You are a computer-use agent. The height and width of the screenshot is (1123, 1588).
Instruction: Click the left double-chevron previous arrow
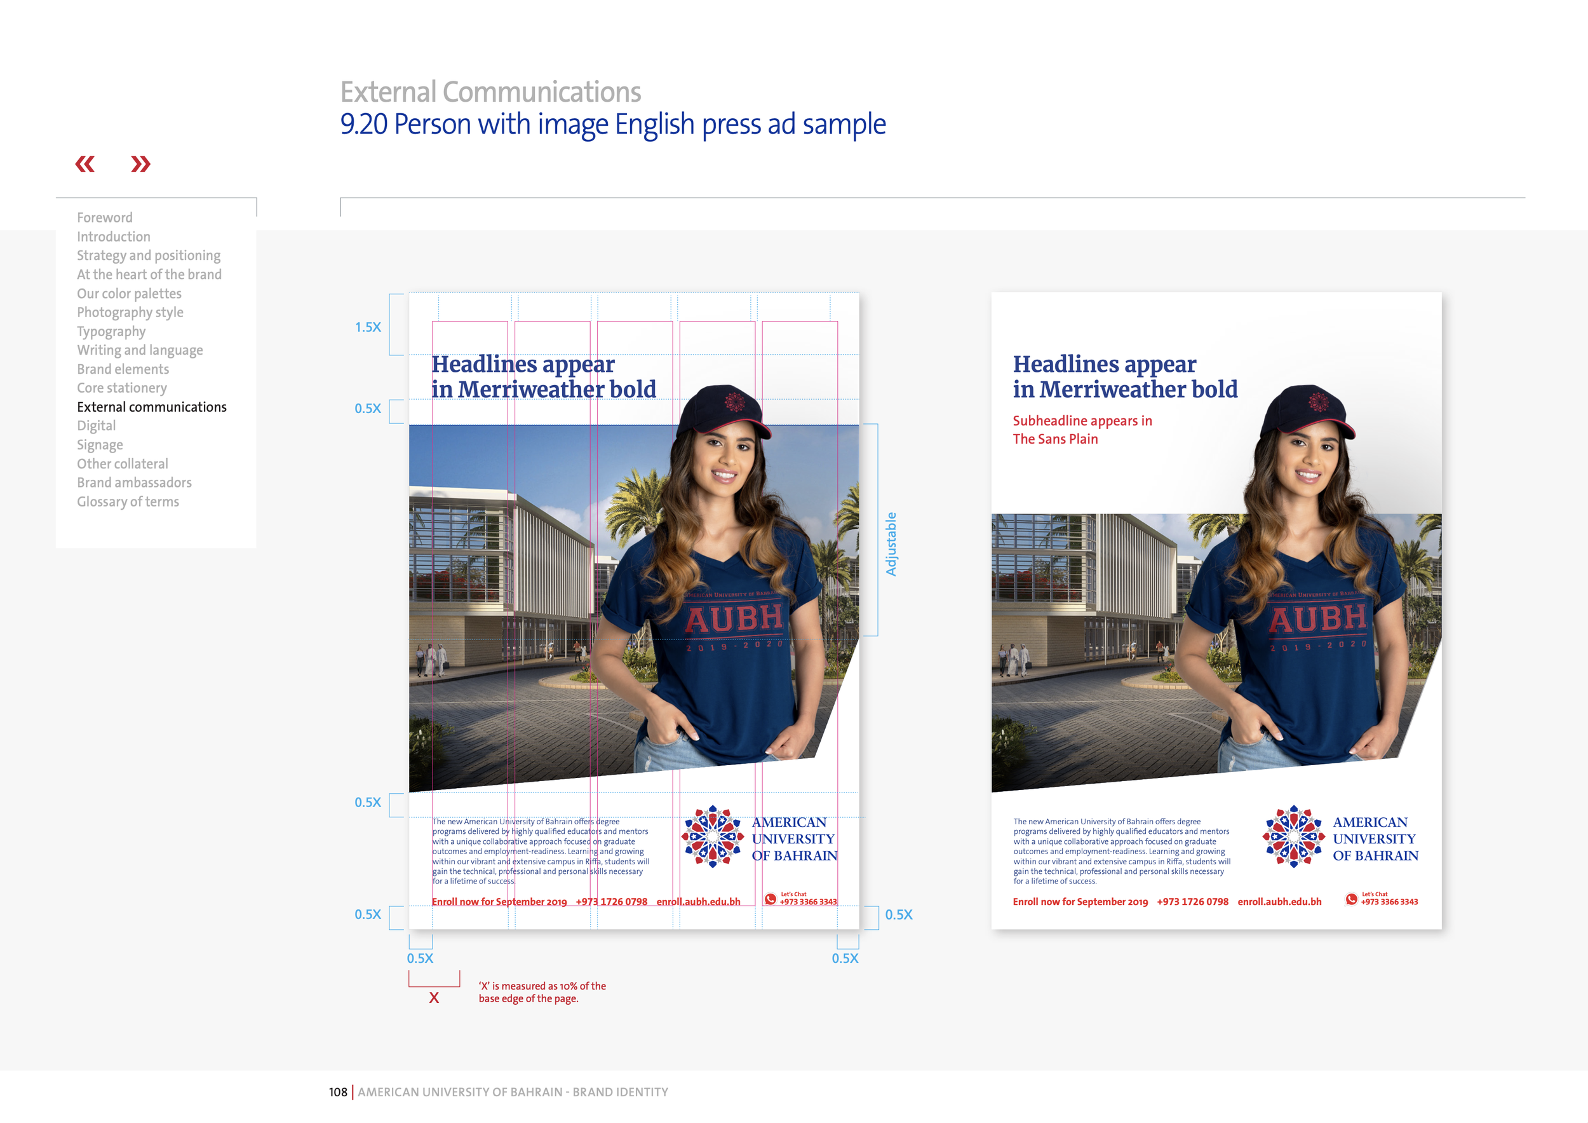tap(85, 164)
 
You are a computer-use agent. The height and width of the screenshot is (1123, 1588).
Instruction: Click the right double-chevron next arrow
tap(140, 164)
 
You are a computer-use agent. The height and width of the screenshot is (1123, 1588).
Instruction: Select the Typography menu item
tap(111, 331)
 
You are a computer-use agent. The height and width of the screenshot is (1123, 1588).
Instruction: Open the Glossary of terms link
tap(128, 501)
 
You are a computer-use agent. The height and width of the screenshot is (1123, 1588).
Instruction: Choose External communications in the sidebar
tap(151, 407)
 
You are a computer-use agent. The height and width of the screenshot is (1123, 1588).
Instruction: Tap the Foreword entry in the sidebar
tap(104, 217)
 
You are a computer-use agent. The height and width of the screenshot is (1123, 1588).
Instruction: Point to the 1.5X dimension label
tap(368, 327)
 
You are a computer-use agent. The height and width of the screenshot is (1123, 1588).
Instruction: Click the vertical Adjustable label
tap(891, 544)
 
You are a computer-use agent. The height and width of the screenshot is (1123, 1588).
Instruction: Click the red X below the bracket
tap(434, 998)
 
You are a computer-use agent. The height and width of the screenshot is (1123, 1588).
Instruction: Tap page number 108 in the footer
tap(337, 1092)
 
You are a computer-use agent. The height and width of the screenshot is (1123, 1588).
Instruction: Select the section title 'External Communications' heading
tap(490, 92)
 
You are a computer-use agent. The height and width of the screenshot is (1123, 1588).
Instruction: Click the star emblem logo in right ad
tap(1293, 836)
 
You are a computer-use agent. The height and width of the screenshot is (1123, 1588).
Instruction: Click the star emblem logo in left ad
tap(713, 836)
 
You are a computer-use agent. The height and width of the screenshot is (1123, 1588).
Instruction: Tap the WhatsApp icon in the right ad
tap(1351, 899)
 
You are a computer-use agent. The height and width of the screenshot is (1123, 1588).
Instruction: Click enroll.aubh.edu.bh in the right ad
tap(1279, 902)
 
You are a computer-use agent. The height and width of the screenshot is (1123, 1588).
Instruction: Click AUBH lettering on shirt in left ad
tap(734, 618)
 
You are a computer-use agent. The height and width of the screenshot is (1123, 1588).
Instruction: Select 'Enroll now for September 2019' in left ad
tap(499, 902)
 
